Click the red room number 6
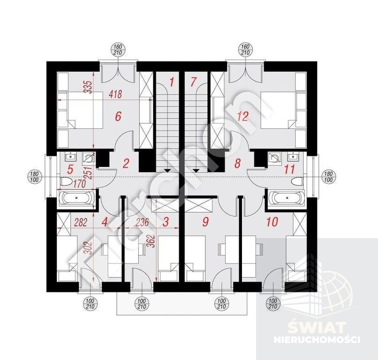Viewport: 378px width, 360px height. pyautogui.click(x=118, y=116)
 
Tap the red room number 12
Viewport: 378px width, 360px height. pyautogui.click(x=243, y=116)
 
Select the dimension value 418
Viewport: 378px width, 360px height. pyautogui.click(x=115, y=94)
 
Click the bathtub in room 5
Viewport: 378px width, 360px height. pyautogui.click(x=76, y=198)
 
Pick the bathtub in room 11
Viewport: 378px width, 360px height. pyautogui.click(x=287, y=198)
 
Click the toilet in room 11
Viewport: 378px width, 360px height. pyautogui.click(x=296, y=181)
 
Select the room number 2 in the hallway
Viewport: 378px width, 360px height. pyautogui.click(x=126, y=164)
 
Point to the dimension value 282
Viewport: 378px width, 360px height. pyautogui.click(x=80, y=222)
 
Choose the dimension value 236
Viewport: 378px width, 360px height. pyautogui.click(x=142, y=222)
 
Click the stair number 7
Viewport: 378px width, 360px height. pyautogui.click(x=193, y=82)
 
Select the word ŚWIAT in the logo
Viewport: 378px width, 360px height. pyautogui.click(x=317, y=328)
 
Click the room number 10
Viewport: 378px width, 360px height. pyautogui.click(x=272, y=222)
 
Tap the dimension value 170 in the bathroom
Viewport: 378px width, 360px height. pyautogui.click(x=79, y=184)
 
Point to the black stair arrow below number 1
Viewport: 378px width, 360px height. pyautogui.click(x=167, y=171)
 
